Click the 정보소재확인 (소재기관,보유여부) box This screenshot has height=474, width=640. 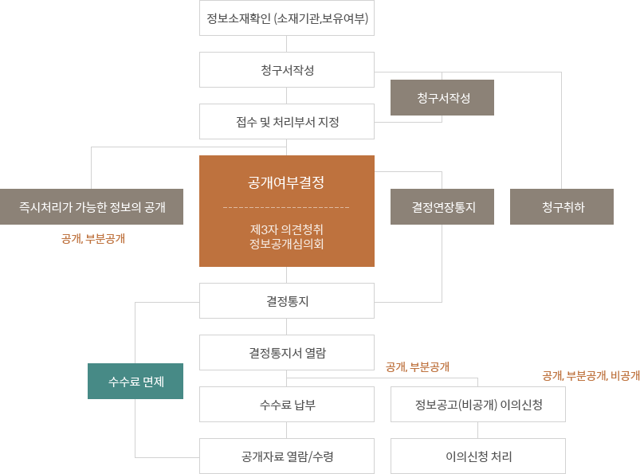coord(287,18)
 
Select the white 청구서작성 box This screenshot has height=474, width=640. coord(287,70)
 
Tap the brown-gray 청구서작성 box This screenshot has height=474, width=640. coord(442,97)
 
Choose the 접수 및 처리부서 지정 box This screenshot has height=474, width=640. coord(287,122)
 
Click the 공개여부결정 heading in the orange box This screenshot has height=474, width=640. coord(286,182)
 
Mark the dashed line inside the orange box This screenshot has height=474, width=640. coord(286,207)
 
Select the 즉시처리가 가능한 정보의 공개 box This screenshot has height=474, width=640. coord(92,206)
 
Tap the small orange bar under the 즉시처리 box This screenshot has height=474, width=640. coord(92,238)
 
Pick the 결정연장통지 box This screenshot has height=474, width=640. coord(442,206)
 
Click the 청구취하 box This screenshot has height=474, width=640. coord(561,206)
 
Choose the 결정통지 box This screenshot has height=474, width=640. coord(287,301)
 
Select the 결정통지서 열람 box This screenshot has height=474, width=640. coord(287,352)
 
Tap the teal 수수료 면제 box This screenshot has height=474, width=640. coord(135,381)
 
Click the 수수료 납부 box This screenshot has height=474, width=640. coord(287,404)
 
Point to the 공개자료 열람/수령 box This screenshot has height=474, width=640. coord(287,456)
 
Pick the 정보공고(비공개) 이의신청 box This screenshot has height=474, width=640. coord(478,404)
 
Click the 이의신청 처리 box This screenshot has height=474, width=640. coord(478,456)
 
